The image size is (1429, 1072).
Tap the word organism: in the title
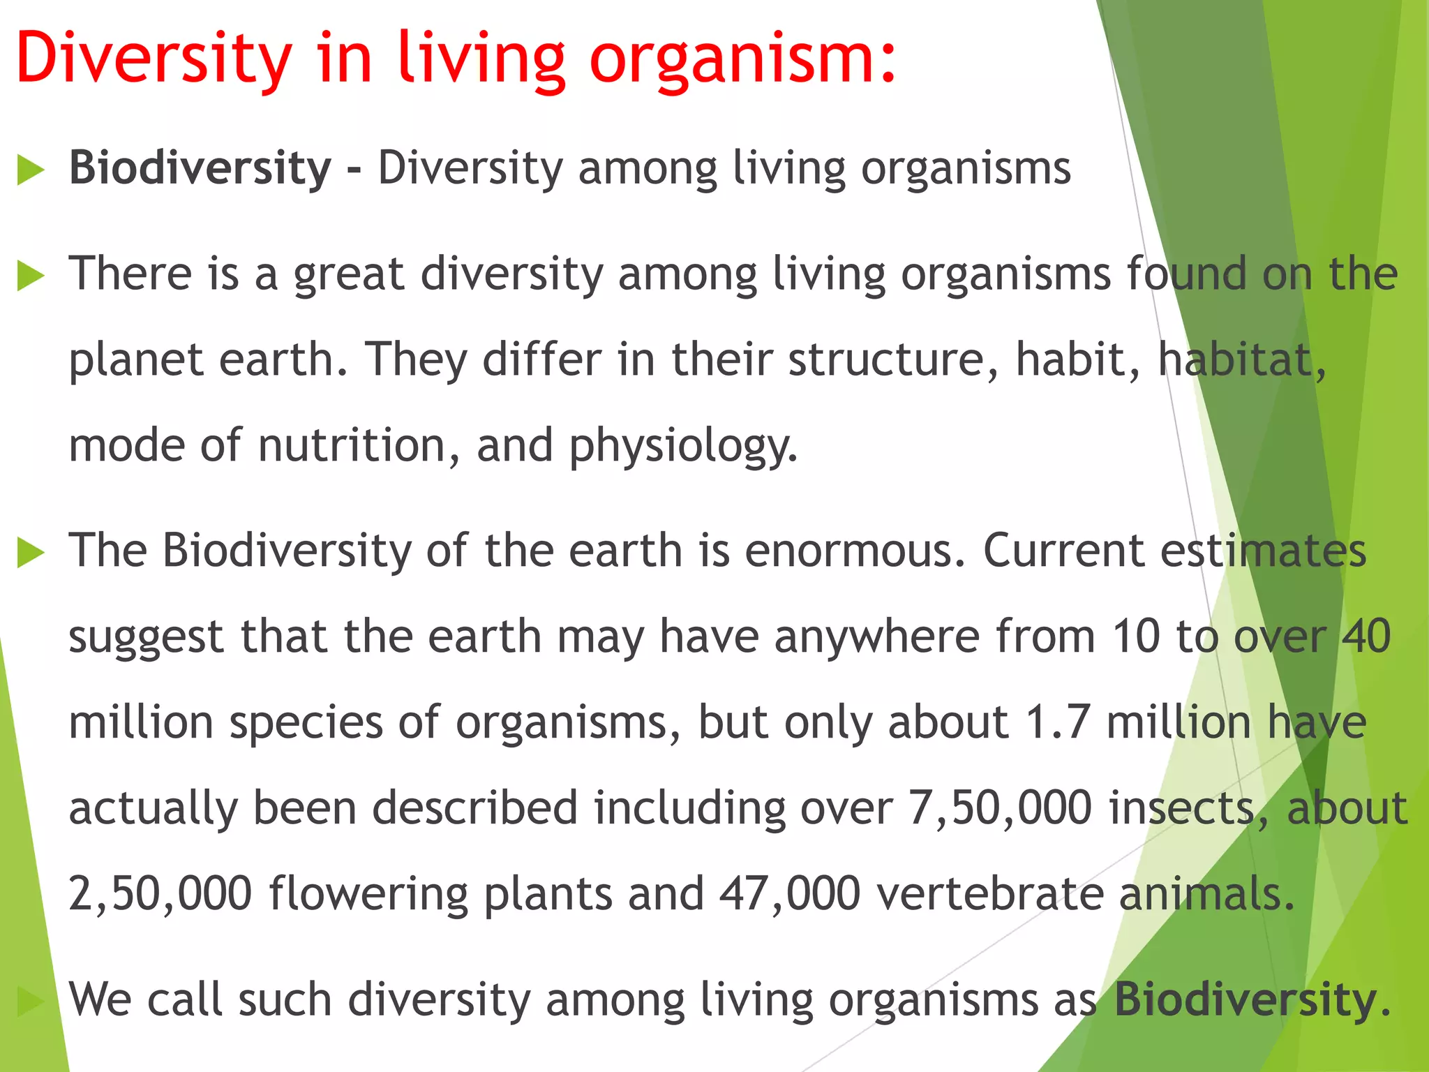click(742, 59)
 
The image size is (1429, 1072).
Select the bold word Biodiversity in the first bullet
click(200, 169)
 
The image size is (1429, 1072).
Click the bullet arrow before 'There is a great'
click(30, 276)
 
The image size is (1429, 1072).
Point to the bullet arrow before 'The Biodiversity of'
click(30, 553)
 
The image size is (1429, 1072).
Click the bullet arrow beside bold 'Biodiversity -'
click(30, 171)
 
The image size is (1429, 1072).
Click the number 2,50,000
click(160, 894)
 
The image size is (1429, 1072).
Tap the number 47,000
click(789, 894)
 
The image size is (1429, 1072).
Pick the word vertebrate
click(991, 894)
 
